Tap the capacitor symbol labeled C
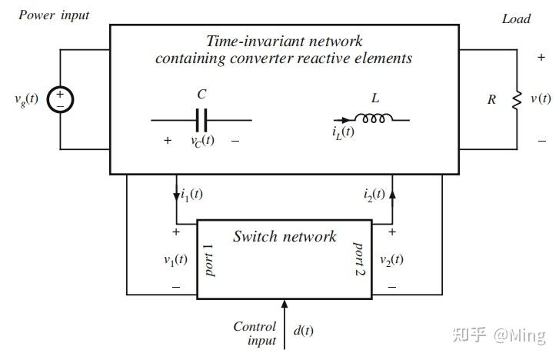click(x=201, y=120)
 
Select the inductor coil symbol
click(x=374, y=118)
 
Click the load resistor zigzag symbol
click(x=517, y=100)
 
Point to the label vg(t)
click(x=26, y=98)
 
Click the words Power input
click(x=54, y=15)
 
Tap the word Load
click(x=516, y=18)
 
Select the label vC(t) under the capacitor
click(x=202, y=141)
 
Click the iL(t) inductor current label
click(x=343, y=133)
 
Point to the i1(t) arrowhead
click(x=176, y=197)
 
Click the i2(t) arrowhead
click(x=392, y=194)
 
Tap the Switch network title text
click(x=284, y=236)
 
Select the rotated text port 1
click(x=210, y=261)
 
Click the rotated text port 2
click(x=359, y=258)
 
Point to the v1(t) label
click(x=175, y=260)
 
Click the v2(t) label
click(x=391, y=260)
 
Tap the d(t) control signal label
click(x=304, y=331)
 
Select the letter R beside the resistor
click(x=491, y=99)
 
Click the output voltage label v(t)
click(x=541, y=98)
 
